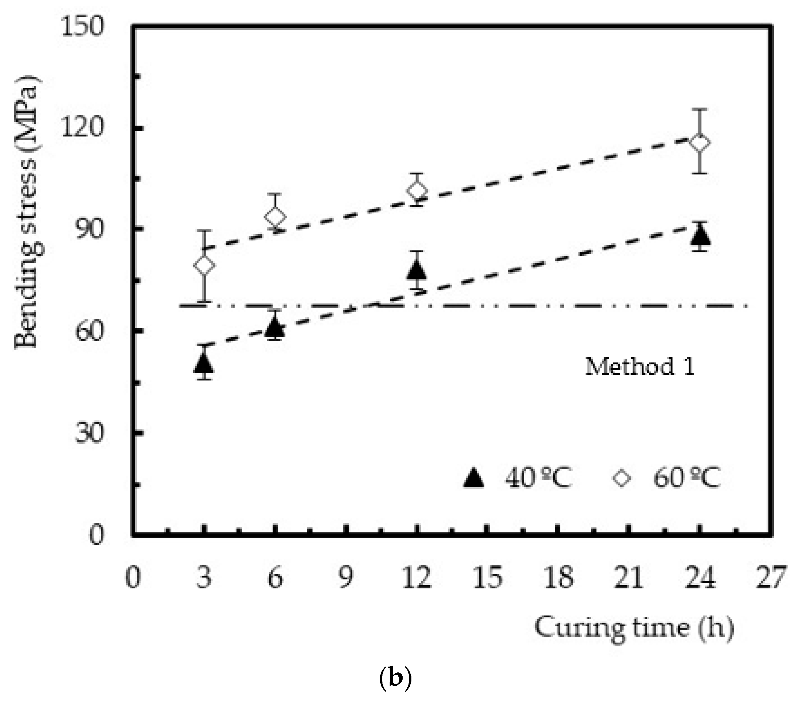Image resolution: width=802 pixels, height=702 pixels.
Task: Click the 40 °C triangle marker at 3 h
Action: click(204, 364)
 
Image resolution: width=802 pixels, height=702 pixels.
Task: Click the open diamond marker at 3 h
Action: click(204, 265)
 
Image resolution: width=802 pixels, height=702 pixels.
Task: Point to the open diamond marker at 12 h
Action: click(417, 191)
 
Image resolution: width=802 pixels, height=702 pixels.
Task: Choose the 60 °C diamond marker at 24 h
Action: click(700, 143)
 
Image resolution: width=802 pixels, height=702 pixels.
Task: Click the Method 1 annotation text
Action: click(640, 367)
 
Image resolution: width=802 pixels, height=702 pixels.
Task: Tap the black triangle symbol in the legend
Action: click(474, 478)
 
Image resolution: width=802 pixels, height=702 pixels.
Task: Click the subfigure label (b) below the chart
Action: click(395, 679)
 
